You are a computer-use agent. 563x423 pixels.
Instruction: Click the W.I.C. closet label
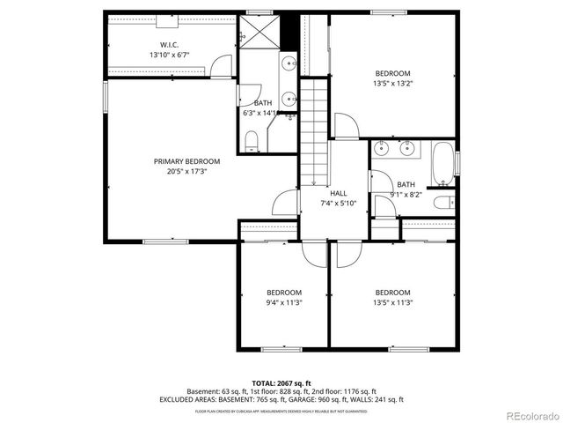(170, 45)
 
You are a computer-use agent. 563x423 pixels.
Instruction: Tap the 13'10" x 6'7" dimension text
(170, 55)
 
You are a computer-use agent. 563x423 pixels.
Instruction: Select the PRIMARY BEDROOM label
(186, 161)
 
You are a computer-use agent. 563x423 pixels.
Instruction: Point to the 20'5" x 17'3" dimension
(186, 172)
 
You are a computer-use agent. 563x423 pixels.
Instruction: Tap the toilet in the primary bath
(251, 139)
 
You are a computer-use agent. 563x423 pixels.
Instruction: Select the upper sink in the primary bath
(289, 64)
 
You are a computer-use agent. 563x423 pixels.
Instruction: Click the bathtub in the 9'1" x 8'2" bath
(442, 163)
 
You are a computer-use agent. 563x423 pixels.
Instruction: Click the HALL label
(338, 193)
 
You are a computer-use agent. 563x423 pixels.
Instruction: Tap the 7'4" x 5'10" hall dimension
(338, 204)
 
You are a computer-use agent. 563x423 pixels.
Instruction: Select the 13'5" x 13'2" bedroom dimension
(393, 84)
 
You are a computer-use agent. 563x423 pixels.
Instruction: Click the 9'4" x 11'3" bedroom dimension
(284, 302)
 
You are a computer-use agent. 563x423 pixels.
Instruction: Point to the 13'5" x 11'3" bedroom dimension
(392, 302)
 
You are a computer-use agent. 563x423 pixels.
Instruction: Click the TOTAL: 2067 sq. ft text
(281, 382)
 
